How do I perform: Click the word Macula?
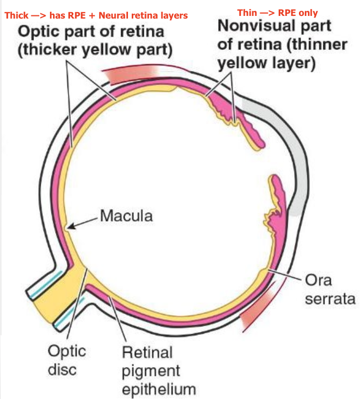click(x=126, y=216)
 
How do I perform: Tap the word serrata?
click(x=328, y=298)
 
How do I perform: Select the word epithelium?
click(x=159, y=389)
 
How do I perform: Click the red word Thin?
click(x=248, y=13)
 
